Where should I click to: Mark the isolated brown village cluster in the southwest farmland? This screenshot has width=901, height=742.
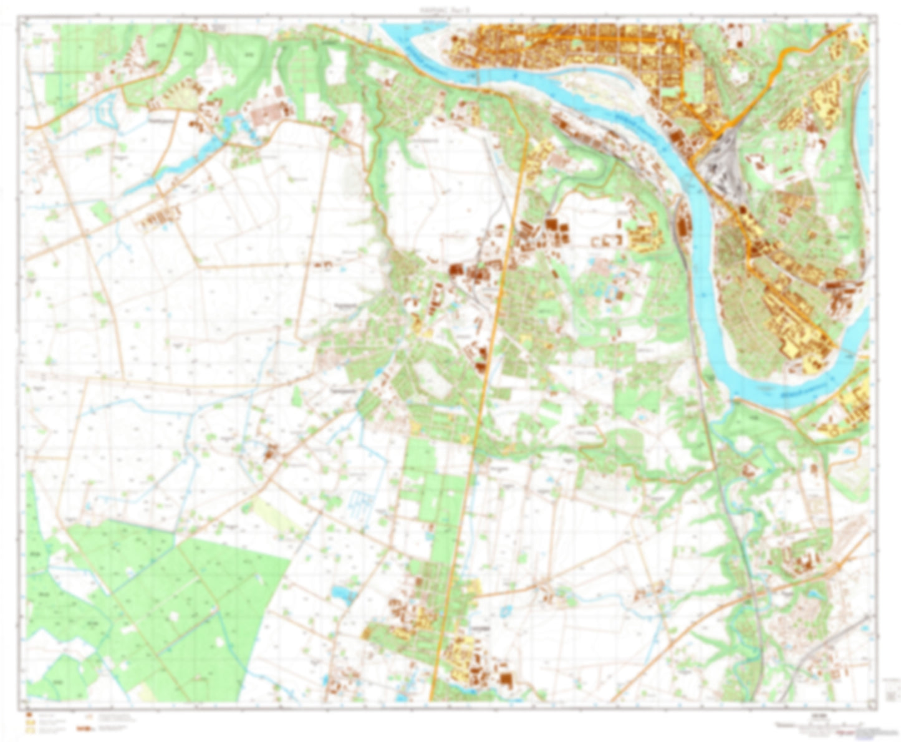(x=271, y=452)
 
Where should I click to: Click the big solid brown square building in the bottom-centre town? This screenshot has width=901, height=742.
(x=506, y=679)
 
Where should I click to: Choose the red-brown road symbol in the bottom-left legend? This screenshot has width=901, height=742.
(x=84, y=728)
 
